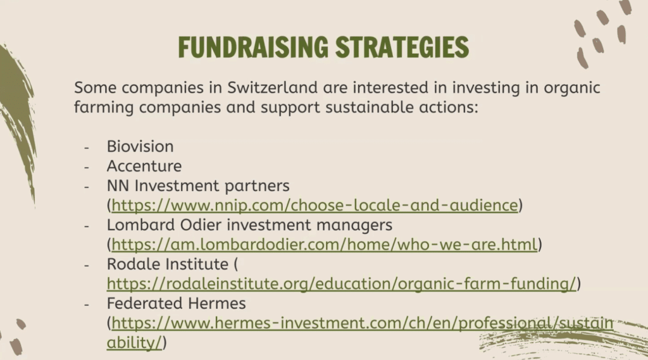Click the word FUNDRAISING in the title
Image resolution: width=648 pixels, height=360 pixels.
(253, 47)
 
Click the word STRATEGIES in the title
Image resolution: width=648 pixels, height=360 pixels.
(402, 47)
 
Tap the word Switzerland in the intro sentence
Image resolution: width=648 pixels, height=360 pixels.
(272, 87)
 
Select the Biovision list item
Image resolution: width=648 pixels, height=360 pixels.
(140, 147)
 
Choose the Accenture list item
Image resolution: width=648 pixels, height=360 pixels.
(144, 166)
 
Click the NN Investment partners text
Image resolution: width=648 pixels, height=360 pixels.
(198, 186)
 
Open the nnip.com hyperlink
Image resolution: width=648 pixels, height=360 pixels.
(315, 206)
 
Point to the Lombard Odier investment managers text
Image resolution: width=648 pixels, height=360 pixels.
(249, 225)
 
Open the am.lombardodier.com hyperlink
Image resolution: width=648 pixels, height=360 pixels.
(325, 245)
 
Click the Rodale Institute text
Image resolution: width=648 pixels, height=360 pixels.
(167, 264)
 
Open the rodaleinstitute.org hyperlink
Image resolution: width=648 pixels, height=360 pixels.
(341, 284)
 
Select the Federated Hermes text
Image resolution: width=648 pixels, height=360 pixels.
(176, 304)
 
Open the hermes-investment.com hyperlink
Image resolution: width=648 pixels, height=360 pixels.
(363, 323)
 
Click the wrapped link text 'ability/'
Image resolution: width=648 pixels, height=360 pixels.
(134, 343)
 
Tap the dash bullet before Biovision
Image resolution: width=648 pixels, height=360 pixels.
(86, 147)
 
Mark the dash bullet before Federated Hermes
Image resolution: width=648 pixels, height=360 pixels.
(86, 304)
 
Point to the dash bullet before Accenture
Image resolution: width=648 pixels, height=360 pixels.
(86, 167)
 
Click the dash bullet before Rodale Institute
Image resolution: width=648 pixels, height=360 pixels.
(86, 265)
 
